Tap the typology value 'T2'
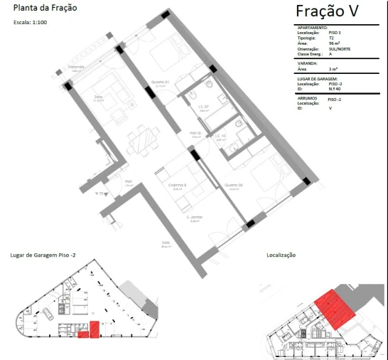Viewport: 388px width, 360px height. (331, 38)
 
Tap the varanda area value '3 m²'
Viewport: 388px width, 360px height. (333, 68)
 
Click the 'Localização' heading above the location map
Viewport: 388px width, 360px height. (281, 254)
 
